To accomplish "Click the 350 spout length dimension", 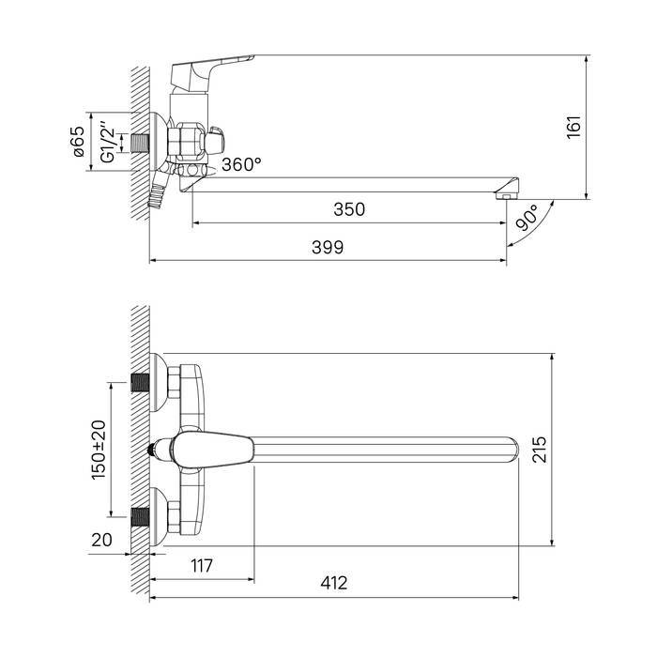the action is pos(349,209).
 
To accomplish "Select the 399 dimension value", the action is pos(328,247).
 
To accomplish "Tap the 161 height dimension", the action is pos(574,127).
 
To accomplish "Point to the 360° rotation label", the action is pos(242,164).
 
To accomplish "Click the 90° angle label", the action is pos(527,218).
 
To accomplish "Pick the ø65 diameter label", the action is pos(78,142).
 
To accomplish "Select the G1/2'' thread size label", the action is pos(107,142).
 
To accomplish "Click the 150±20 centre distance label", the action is pos(99,450).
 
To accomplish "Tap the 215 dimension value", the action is pos(540,450).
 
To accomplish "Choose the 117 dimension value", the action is pos(202,566).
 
